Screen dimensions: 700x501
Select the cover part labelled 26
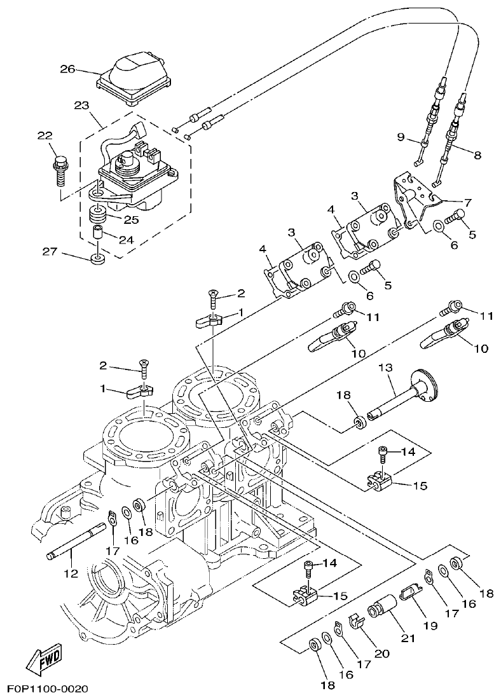(x=134, y=76)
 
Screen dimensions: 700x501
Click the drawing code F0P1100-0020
(x=48, y=689)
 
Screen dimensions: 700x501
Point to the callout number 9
(x=401, y=137)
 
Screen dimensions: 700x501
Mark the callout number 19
(x=431, y=626)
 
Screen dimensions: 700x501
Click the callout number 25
(x=131, y=219)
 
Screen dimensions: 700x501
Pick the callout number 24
(x=127, y=240)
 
